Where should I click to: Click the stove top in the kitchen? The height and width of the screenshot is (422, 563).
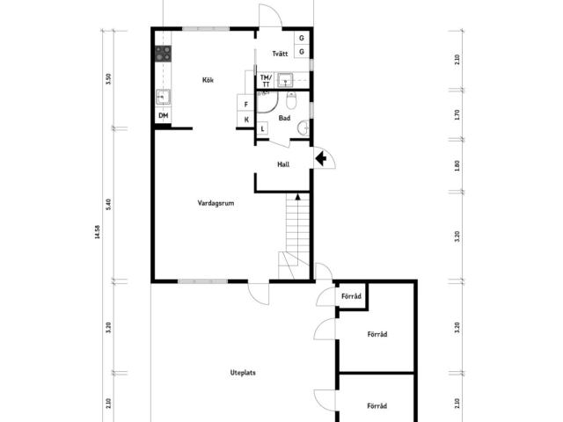163,54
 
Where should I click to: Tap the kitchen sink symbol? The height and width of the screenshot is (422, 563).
163,97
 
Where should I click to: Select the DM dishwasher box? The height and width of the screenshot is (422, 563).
163,115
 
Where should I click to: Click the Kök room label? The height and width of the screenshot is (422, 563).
208,80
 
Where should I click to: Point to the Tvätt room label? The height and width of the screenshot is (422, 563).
280,54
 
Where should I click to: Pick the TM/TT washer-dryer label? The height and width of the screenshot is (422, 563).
266,81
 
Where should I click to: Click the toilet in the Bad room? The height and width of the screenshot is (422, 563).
291,101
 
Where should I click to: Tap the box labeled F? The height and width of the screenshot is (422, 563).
246,104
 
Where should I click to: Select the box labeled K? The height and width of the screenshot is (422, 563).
246,120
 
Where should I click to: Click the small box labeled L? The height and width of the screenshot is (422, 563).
262,128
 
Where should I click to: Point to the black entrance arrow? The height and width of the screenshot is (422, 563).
320,158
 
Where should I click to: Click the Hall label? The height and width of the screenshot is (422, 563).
283,164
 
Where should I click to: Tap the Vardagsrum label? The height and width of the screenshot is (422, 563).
216,203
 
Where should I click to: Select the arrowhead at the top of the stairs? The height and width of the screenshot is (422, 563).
297,196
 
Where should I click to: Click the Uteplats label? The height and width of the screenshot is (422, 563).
243,373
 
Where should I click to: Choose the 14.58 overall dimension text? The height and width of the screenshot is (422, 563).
98,232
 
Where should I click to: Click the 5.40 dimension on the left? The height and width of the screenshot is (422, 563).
109,205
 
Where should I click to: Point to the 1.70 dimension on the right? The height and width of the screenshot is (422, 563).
457,115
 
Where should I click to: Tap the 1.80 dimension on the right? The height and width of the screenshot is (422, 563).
457,165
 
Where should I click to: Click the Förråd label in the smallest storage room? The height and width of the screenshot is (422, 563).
351,296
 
